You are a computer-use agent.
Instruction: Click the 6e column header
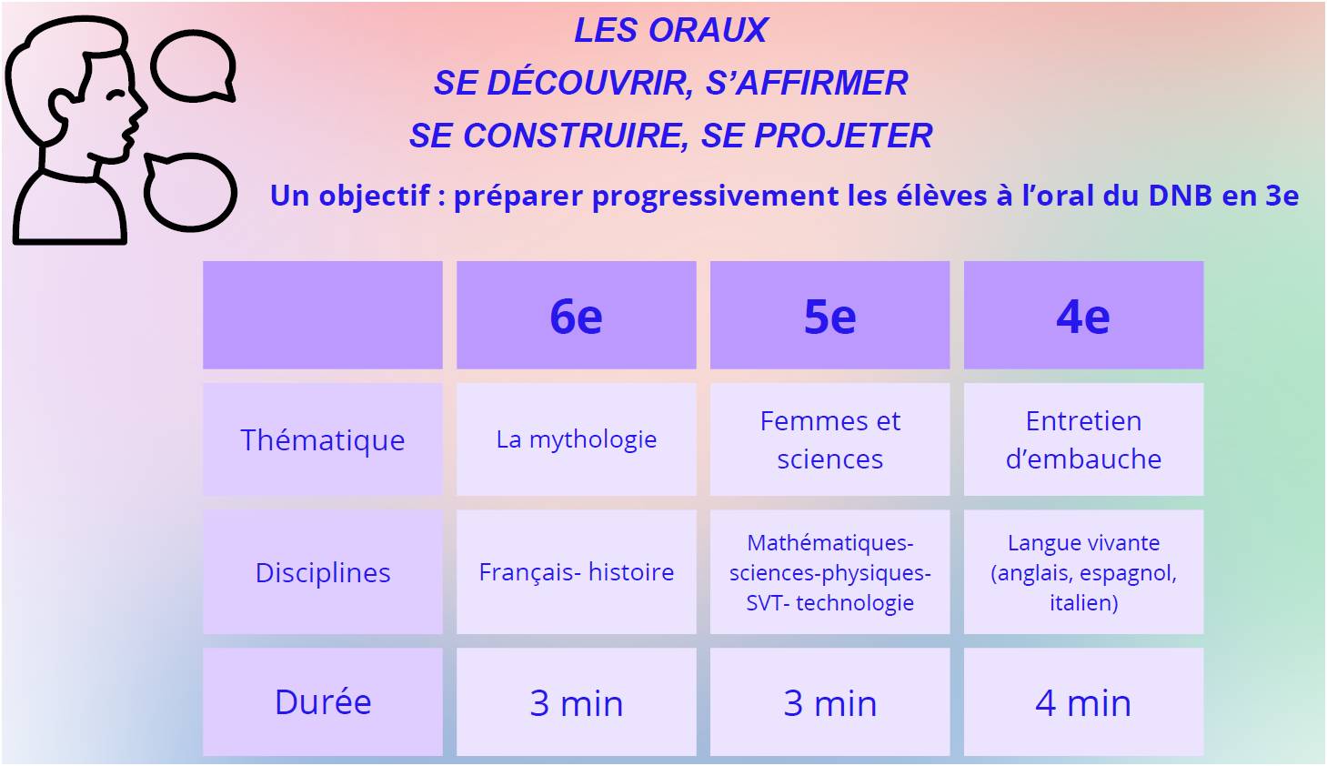coord(576,315)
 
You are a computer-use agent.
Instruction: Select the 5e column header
coord(829,315)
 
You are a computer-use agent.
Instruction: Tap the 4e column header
coord(1083,315)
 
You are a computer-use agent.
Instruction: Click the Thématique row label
coord(322,439)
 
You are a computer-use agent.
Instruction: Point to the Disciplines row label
coord(322,572)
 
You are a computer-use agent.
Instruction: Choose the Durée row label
coord(322,702)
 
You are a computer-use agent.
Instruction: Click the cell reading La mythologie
coord(576,439)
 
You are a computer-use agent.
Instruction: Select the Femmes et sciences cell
coord(829,439)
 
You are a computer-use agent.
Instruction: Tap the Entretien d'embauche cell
coord(1083,439)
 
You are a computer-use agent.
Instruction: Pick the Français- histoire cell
coord(576,572)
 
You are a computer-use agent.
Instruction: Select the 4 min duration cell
coord(1083,702)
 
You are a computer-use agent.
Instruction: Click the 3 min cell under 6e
coord(576,702)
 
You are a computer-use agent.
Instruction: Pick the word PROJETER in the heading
coord(843,136)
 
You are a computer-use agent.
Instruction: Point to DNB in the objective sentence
coord(1180,196)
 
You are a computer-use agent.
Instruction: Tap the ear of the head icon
coord(62,106)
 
